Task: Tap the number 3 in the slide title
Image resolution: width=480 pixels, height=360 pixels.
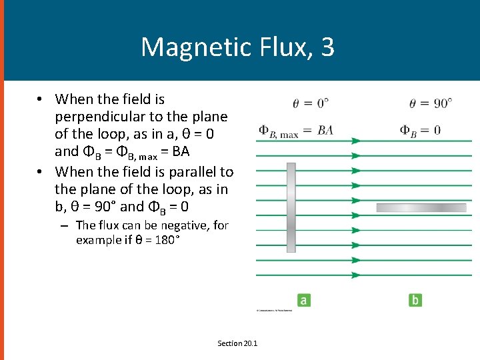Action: (x=327, y=47)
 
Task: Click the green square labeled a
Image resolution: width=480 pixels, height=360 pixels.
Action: (x=303, y=301)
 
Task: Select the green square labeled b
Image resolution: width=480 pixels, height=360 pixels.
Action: (x=415, y=301)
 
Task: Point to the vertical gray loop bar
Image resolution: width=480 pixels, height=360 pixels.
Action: (x=291, y=207)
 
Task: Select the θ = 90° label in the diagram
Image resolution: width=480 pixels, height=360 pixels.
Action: (x=430, y=103)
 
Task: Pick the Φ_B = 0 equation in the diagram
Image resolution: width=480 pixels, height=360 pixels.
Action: (x=420, y=130)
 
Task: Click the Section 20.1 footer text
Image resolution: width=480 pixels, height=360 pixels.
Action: (x=237, y=343)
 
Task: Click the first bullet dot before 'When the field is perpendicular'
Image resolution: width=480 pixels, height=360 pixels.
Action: (x=41, y=99)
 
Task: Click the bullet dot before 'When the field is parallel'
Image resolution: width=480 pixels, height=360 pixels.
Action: (x=41, y=171)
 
